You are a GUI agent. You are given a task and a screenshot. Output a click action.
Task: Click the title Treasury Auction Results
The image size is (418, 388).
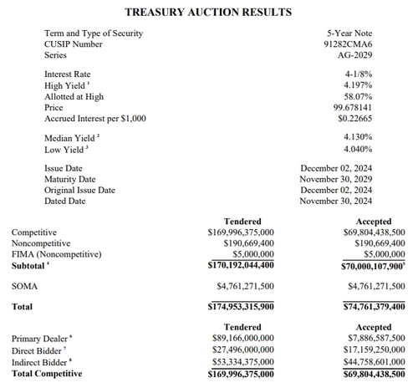tap(208, 12)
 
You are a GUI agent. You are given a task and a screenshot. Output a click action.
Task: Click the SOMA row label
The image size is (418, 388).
tap(24, 286)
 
